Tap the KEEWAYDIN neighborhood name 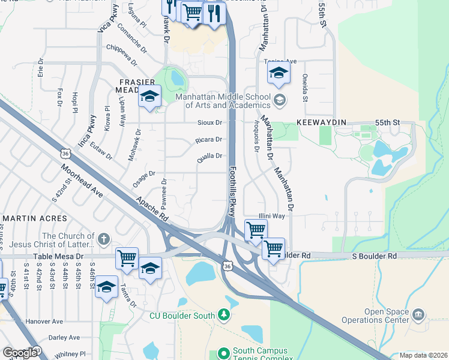321,122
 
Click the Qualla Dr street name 210,156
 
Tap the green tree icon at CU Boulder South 223,314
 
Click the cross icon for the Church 104,239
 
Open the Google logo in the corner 20,353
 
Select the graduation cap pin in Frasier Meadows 149,97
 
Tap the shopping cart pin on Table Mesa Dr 127,259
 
